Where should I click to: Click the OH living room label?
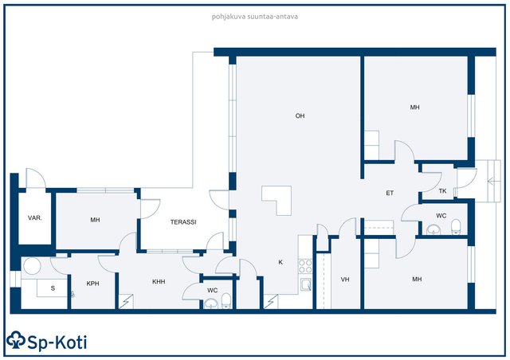[x=300, y=115]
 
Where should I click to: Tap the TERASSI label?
[x=183, y=222]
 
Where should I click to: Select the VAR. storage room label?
[x=35, y=218]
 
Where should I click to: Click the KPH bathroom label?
[x=92, y=284]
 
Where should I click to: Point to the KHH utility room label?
[x=159, y=282]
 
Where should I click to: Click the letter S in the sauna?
[x=53, y=288]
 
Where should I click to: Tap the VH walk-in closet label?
[x=345, y=280]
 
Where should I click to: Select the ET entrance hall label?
[x=390, y=193]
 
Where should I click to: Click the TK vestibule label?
[x=442, y=191]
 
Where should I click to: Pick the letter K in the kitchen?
[x=280, y=262]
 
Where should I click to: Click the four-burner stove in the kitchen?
[x=305, y=266]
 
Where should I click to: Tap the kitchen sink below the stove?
[x=306, y=285]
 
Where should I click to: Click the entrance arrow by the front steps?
[x=491, y=181]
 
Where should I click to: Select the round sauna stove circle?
[x=32, y=266]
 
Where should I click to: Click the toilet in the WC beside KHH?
[x=226, y=301]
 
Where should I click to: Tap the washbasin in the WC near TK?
[x=433, y=230]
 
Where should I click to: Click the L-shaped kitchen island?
[x=277, y=201]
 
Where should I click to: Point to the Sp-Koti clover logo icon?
[x=16, y=340]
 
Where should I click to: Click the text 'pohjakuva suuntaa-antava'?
[x=255, y=17]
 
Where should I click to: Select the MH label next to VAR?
[x=95, y=220]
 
